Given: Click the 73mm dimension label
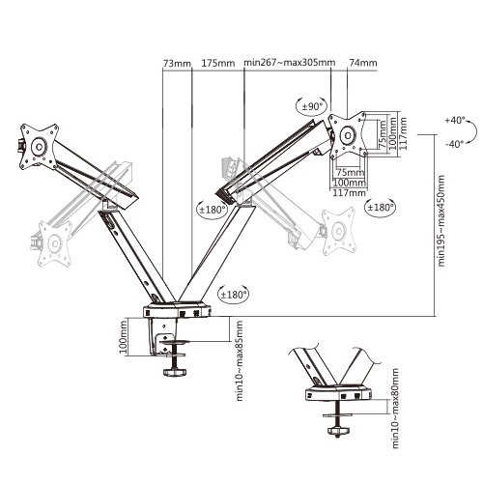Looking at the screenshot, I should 177,63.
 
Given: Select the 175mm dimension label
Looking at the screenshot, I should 218,63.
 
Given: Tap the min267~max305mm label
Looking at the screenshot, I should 290,63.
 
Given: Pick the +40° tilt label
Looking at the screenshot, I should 455,120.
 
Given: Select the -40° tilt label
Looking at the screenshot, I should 455,144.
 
